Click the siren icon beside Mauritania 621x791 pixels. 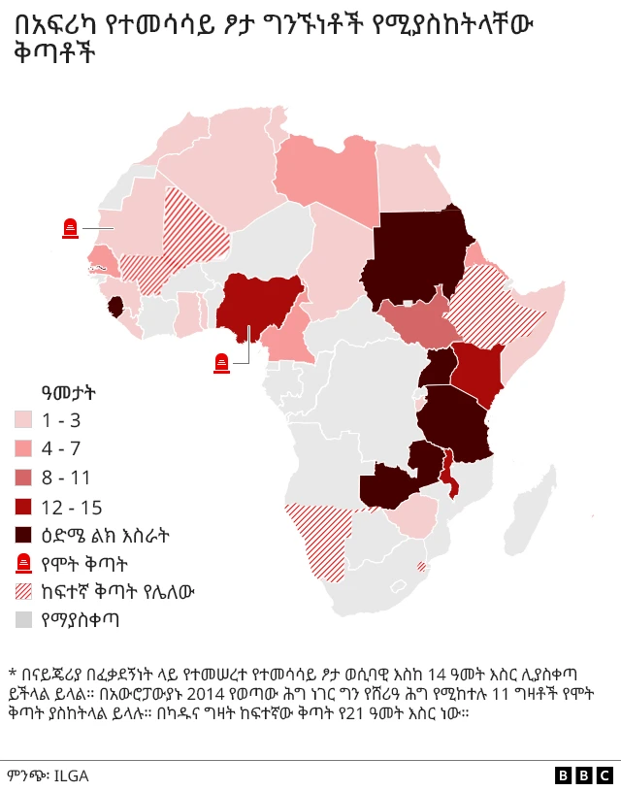coord(70,228)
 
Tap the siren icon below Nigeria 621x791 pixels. coord(222,363)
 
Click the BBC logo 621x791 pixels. coord(584,775)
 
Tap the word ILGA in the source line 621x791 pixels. coord(70,775)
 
